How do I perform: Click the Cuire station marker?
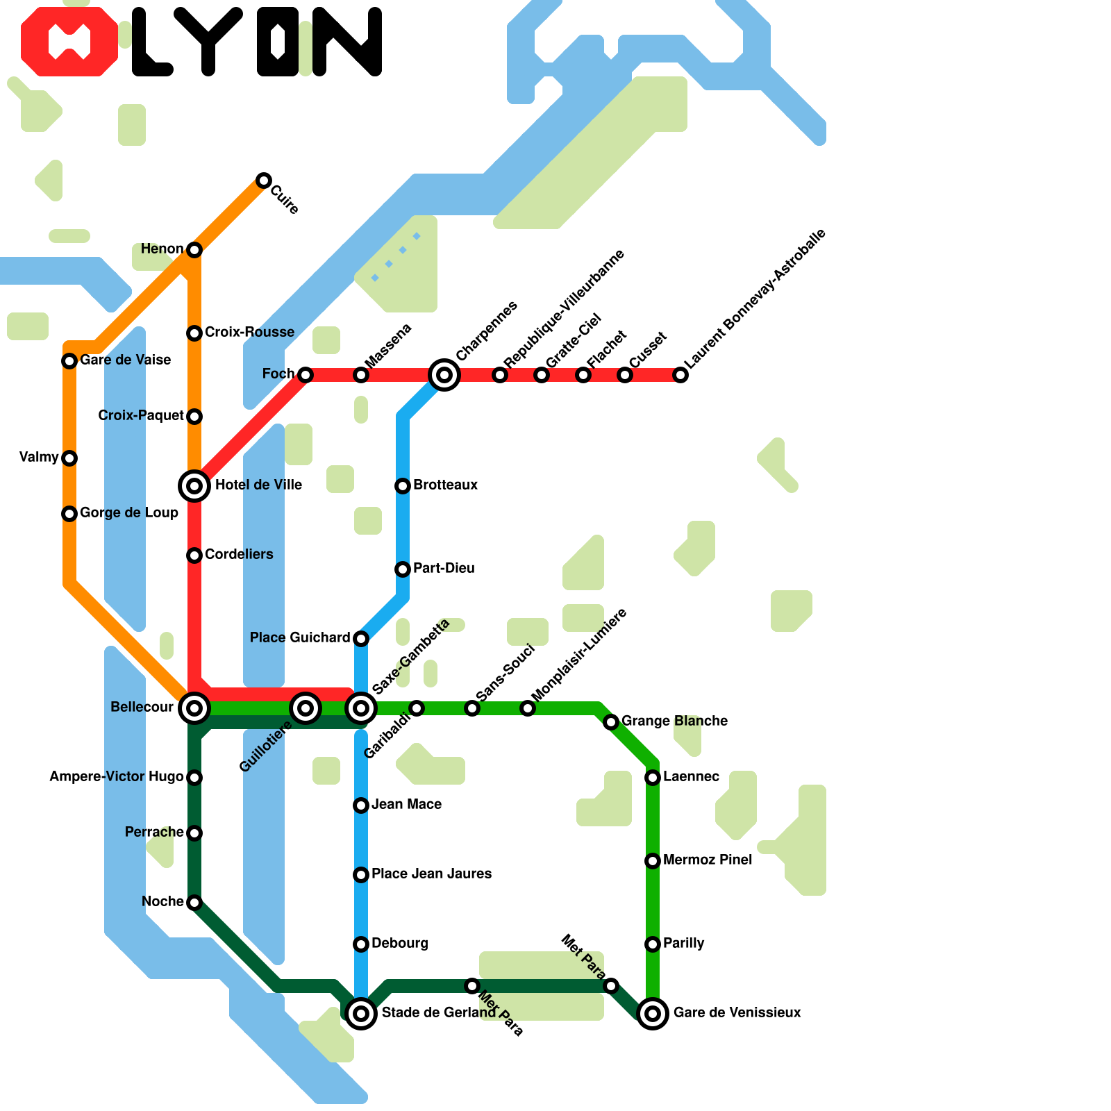coord(263,181)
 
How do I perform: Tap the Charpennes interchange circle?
coord(444,375)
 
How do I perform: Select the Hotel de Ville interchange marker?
coord(194,485)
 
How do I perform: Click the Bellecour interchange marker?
coord(194,708)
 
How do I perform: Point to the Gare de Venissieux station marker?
coord(653,1014)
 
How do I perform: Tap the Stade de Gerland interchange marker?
coord(360,1014)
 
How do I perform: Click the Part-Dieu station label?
coord(444,568)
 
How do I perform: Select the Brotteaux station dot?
coord(403,485)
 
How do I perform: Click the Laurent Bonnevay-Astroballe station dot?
coord(681,375)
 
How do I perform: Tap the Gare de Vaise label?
coord(125,360)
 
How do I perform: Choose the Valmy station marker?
coord(69,458)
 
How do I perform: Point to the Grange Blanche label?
coord(674,721)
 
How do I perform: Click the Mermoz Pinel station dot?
coord(653,861)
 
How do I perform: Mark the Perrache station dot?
coord(194,833)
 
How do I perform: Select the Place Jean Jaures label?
coord(431,874)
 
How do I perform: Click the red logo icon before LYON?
coord(69,42)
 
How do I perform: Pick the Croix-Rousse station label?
coord(249,332)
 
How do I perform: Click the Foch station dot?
coord(306,375)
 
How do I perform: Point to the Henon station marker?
coord(194,249)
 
